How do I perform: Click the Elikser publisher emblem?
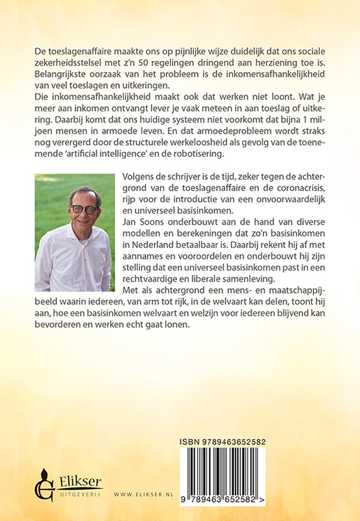[43, 484]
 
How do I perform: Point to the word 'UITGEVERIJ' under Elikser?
[77, 494]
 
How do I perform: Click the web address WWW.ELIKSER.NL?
[143, 495]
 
